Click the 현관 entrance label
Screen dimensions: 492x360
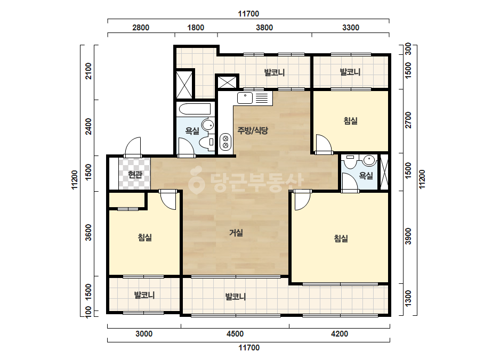click(x=135, y=175)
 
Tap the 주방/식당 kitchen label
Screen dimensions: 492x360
click(x=253, y=130)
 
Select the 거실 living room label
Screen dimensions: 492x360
click(x=236, y=233)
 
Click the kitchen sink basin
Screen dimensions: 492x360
click(x=245, y=98)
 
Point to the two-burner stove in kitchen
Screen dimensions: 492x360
click(x=225, y=142)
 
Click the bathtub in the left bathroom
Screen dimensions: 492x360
click(x=195, y=109)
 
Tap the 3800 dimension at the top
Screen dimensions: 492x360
click(x=264, y=28)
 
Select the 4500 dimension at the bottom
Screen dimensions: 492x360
click(x=235, y=334)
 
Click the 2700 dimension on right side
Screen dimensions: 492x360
click(x=408, y=120)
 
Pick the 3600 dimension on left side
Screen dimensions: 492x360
click(x=88, y=232)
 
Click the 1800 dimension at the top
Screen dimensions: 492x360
click(x=196, y=28)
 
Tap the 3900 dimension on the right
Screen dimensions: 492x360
click(x=408, y=236)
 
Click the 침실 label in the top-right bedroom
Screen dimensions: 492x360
click(x=351, y=121)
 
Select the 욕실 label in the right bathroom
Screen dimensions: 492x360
click(x=366, y=176)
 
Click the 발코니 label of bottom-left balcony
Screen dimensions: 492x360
click(x=144, y=295)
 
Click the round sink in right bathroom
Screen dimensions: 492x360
click(x=369, y=160)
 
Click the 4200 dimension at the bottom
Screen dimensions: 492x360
click(x=340, y=334)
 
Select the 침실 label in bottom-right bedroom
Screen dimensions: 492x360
click(x=341, y=239)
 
